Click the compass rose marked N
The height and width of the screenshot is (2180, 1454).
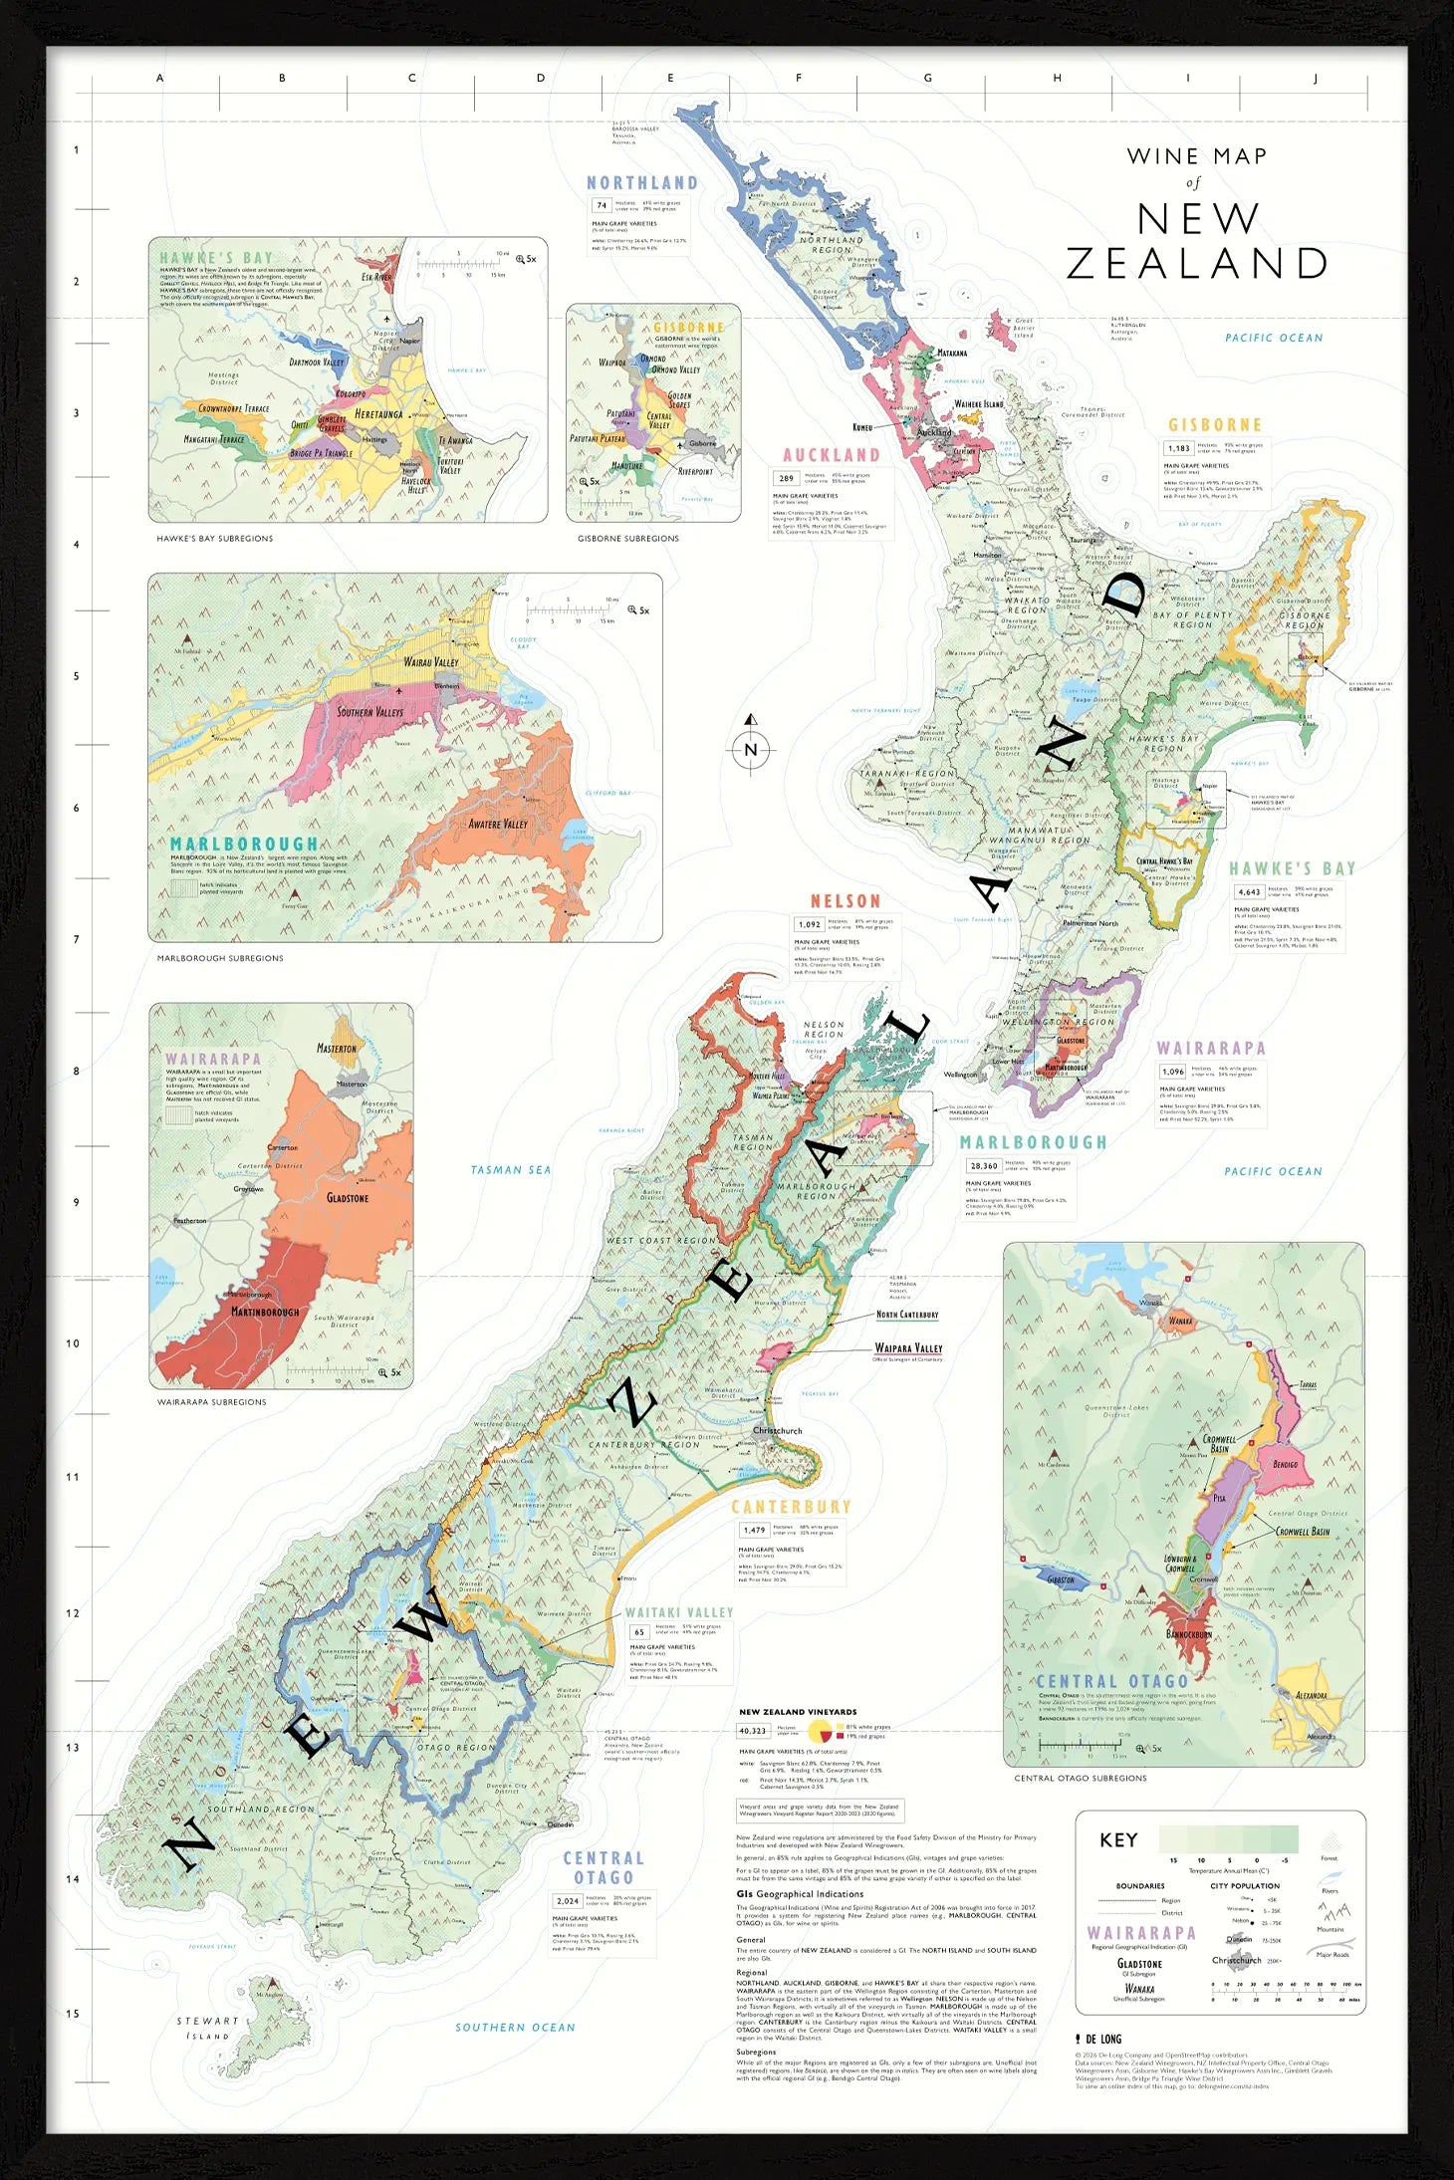[x=751, y=749]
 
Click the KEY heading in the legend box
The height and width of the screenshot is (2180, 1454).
[x=1117, y=1839]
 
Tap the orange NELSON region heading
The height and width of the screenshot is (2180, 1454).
[x=845, y=901]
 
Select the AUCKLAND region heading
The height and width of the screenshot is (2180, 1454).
[x=831, y=455]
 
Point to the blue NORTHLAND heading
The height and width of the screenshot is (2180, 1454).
[x=641, y=183]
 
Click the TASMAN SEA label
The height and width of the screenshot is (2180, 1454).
[x=510, y=1170]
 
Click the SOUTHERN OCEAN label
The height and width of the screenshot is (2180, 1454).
[x=515, y=2027]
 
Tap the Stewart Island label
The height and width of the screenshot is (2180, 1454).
[x=207, y=2028]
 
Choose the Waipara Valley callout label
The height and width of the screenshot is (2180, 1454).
[x=907, y=1348]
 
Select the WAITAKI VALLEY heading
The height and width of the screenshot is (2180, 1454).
[x=678, y=1612]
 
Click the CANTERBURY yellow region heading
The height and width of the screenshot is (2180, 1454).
[x=791, y=1507]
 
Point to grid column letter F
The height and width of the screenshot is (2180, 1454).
[x=799, y=78]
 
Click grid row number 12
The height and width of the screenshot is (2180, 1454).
[x=72, y=1613]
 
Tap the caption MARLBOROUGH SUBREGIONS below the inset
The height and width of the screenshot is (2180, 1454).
[x=220, y=958]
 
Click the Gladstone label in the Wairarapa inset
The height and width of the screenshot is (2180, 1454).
[x=347, y=1198]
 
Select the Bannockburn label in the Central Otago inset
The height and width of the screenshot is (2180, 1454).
[x=1188, y=1634]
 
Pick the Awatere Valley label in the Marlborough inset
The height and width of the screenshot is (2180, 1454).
[x=498, y=824]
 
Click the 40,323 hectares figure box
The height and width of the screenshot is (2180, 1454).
[x=753, y=1731]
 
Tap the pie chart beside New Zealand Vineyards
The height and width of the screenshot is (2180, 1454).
[x=820, y=1731]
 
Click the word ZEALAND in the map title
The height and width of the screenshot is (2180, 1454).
[x=1197, y=264]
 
